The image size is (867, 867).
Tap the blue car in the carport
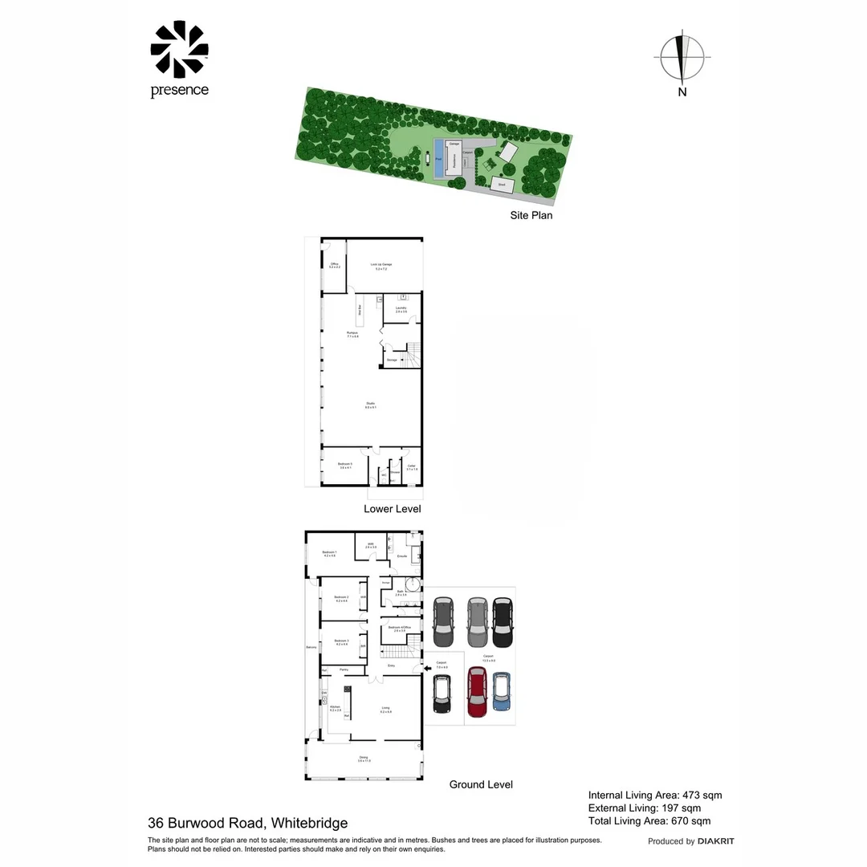tap(502, 691)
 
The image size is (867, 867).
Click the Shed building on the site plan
tap(503, 185)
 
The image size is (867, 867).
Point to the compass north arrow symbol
tap(682, 58)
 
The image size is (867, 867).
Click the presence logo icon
tap(179, 50)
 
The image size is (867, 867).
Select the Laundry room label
tap(401, 309)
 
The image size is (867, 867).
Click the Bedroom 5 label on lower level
tap(345, 466)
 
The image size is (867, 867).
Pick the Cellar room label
tap(411, 466)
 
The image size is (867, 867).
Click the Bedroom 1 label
tap(329, 553)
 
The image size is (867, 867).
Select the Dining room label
tap(364, 759)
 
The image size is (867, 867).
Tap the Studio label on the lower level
tap(370, 405)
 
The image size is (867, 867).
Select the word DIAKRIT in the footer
tap(715, 841)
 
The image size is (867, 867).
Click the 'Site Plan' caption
tap(531, 215)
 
